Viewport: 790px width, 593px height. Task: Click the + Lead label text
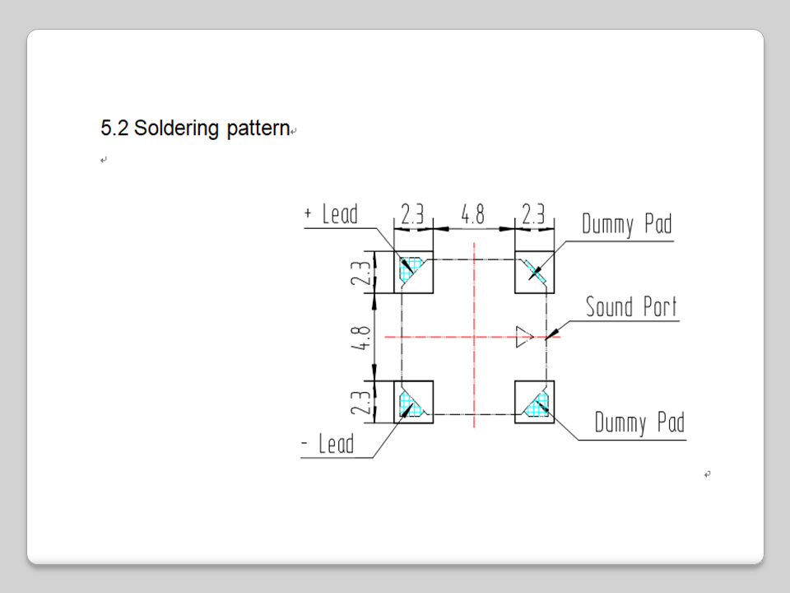pyautogui.click(x=332, y=214)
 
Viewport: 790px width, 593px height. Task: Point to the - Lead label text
pyautogui.click(x=328, y=445)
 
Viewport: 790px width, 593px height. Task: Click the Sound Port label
pyautogui.click(x=631, y=307)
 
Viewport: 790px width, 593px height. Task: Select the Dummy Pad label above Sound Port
pyautogui.click(x=626, y=223)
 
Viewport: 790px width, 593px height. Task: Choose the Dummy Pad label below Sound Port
pyautogui.click(x=639, y=423)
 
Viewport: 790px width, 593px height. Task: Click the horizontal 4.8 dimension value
pyautogui.click(x=472, y=215)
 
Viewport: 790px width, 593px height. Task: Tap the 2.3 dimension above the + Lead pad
pyautogui.click(x=412, y=215)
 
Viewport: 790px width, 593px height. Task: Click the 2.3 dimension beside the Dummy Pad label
pyautogui.click(x=533, y=215)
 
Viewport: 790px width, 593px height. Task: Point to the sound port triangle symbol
pyautogui.click(x=524, y=337)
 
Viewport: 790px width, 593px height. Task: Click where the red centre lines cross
pyautogui.click(x=474, y=337)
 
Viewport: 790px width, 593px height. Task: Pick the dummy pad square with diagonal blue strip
pyautogui.click(x=535, y=272)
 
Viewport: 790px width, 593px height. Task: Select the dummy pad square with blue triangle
pyautogui.click(x=535, y=402)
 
